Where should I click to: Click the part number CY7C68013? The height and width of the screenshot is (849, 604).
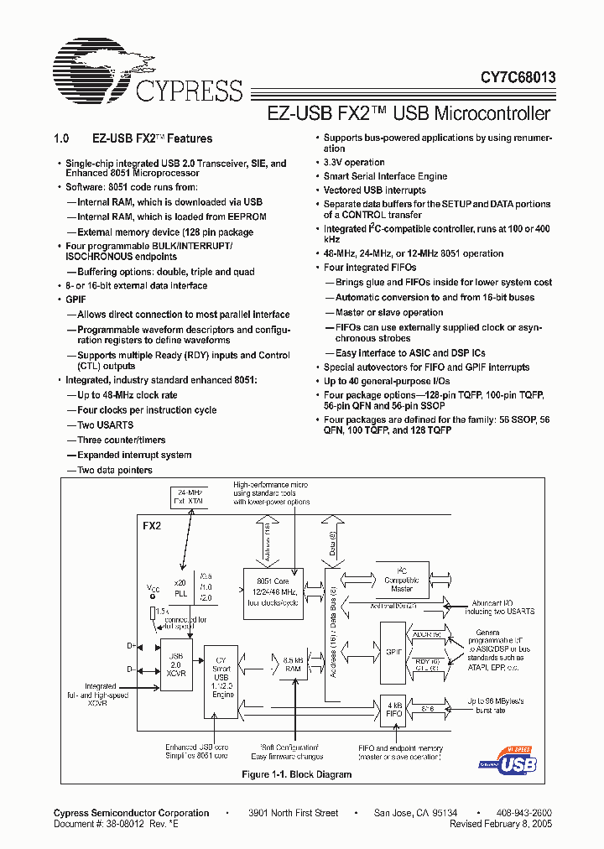(506, 76)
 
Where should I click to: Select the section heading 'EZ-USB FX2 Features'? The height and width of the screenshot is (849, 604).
(151, 138)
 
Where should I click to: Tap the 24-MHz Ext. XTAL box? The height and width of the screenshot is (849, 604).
(188, 497)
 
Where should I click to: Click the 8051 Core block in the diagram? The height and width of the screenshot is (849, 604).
(273, 591)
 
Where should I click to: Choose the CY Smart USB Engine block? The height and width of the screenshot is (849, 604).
(221, 683)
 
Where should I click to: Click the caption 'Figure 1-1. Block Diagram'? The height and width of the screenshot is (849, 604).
(296, 774)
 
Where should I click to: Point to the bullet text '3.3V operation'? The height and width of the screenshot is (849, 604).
(354, 163)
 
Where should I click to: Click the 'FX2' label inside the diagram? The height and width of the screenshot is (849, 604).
(151, 527)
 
